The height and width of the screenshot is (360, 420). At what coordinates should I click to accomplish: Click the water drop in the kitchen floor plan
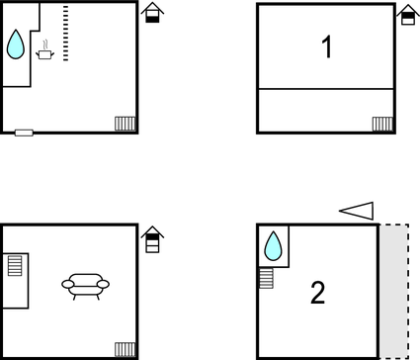[x=16, y=45]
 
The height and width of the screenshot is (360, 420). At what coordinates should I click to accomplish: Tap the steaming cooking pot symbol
[x=44, y=50]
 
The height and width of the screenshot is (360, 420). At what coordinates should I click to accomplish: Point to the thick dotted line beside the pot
[x=66, y=33]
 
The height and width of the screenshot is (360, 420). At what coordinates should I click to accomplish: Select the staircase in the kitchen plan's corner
[x=126, y=124]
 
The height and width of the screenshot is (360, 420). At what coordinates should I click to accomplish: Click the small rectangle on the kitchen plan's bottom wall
[x=24, y=133]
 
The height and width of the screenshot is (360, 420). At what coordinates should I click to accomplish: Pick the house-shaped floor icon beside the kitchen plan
[x=152, y=13]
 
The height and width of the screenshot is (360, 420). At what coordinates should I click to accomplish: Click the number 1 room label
[x=326, y=47]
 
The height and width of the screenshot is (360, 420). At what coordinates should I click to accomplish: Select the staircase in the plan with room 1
[x=382, y=124]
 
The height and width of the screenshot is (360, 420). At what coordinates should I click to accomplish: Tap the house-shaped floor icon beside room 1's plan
[x=408, y=15]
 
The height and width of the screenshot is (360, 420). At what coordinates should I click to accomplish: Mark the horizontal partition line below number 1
[x=326, y=89]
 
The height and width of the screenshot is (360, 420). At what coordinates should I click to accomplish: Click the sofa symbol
[x=86, y=287]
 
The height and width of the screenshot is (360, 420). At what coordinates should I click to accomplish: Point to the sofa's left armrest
[x=68, y=284]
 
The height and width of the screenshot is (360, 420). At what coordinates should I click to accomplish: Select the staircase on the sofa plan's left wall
[x=15, y=265]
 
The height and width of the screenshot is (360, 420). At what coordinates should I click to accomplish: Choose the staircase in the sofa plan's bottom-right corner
[x=126, y=349]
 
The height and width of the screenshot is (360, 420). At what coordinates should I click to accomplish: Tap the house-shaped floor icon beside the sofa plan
[x=152, y=239]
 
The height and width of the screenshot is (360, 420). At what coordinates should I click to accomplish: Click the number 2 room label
[x=318, y=293]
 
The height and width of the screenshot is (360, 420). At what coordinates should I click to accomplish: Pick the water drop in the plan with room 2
[x=273, y=246]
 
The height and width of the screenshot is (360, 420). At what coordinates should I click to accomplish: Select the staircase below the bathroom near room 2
[x=266, y=279]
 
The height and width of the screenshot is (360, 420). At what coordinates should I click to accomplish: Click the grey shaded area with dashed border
[x=394, y=292]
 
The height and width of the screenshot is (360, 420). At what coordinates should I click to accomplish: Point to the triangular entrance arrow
[x=357, y=211]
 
